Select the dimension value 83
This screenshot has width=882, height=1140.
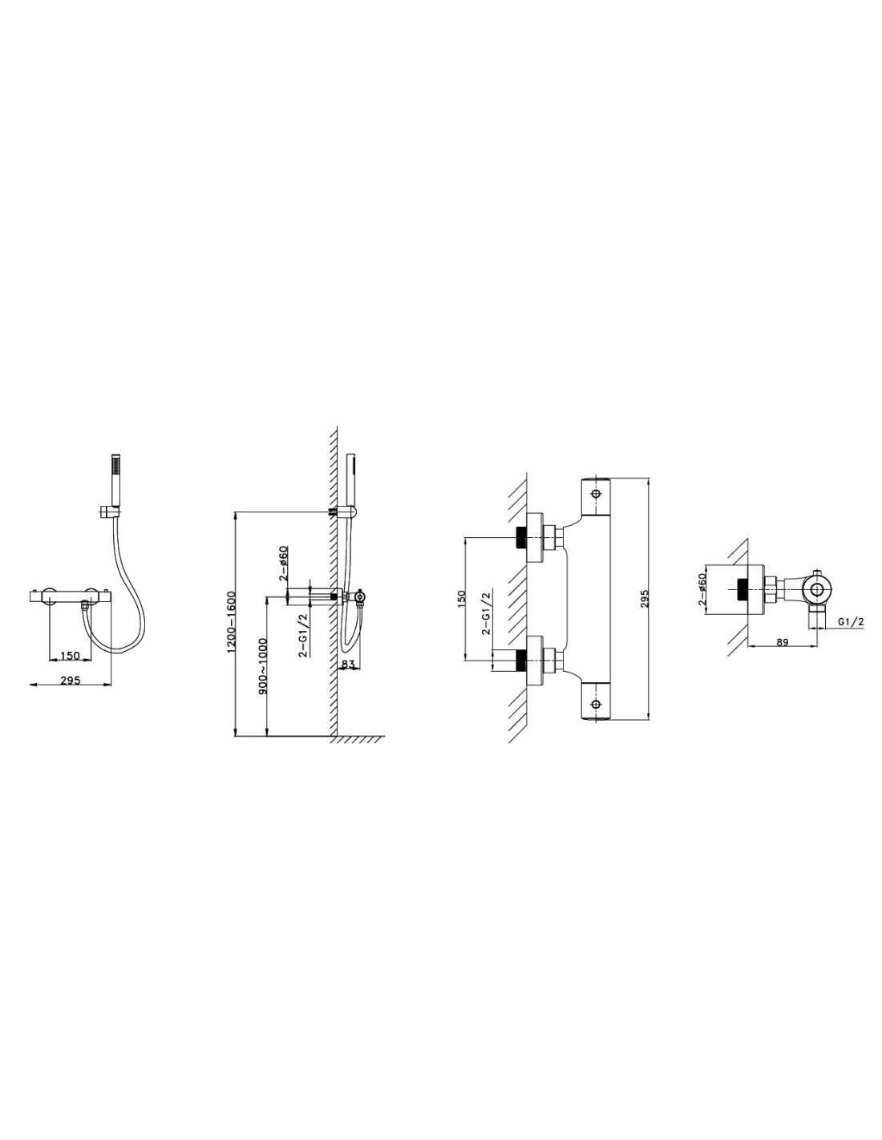[348, 664]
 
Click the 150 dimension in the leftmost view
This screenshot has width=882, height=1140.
[70, 656]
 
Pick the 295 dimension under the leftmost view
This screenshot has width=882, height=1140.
[70, 681]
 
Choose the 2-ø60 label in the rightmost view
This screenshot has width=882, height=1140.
[702, 590]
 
